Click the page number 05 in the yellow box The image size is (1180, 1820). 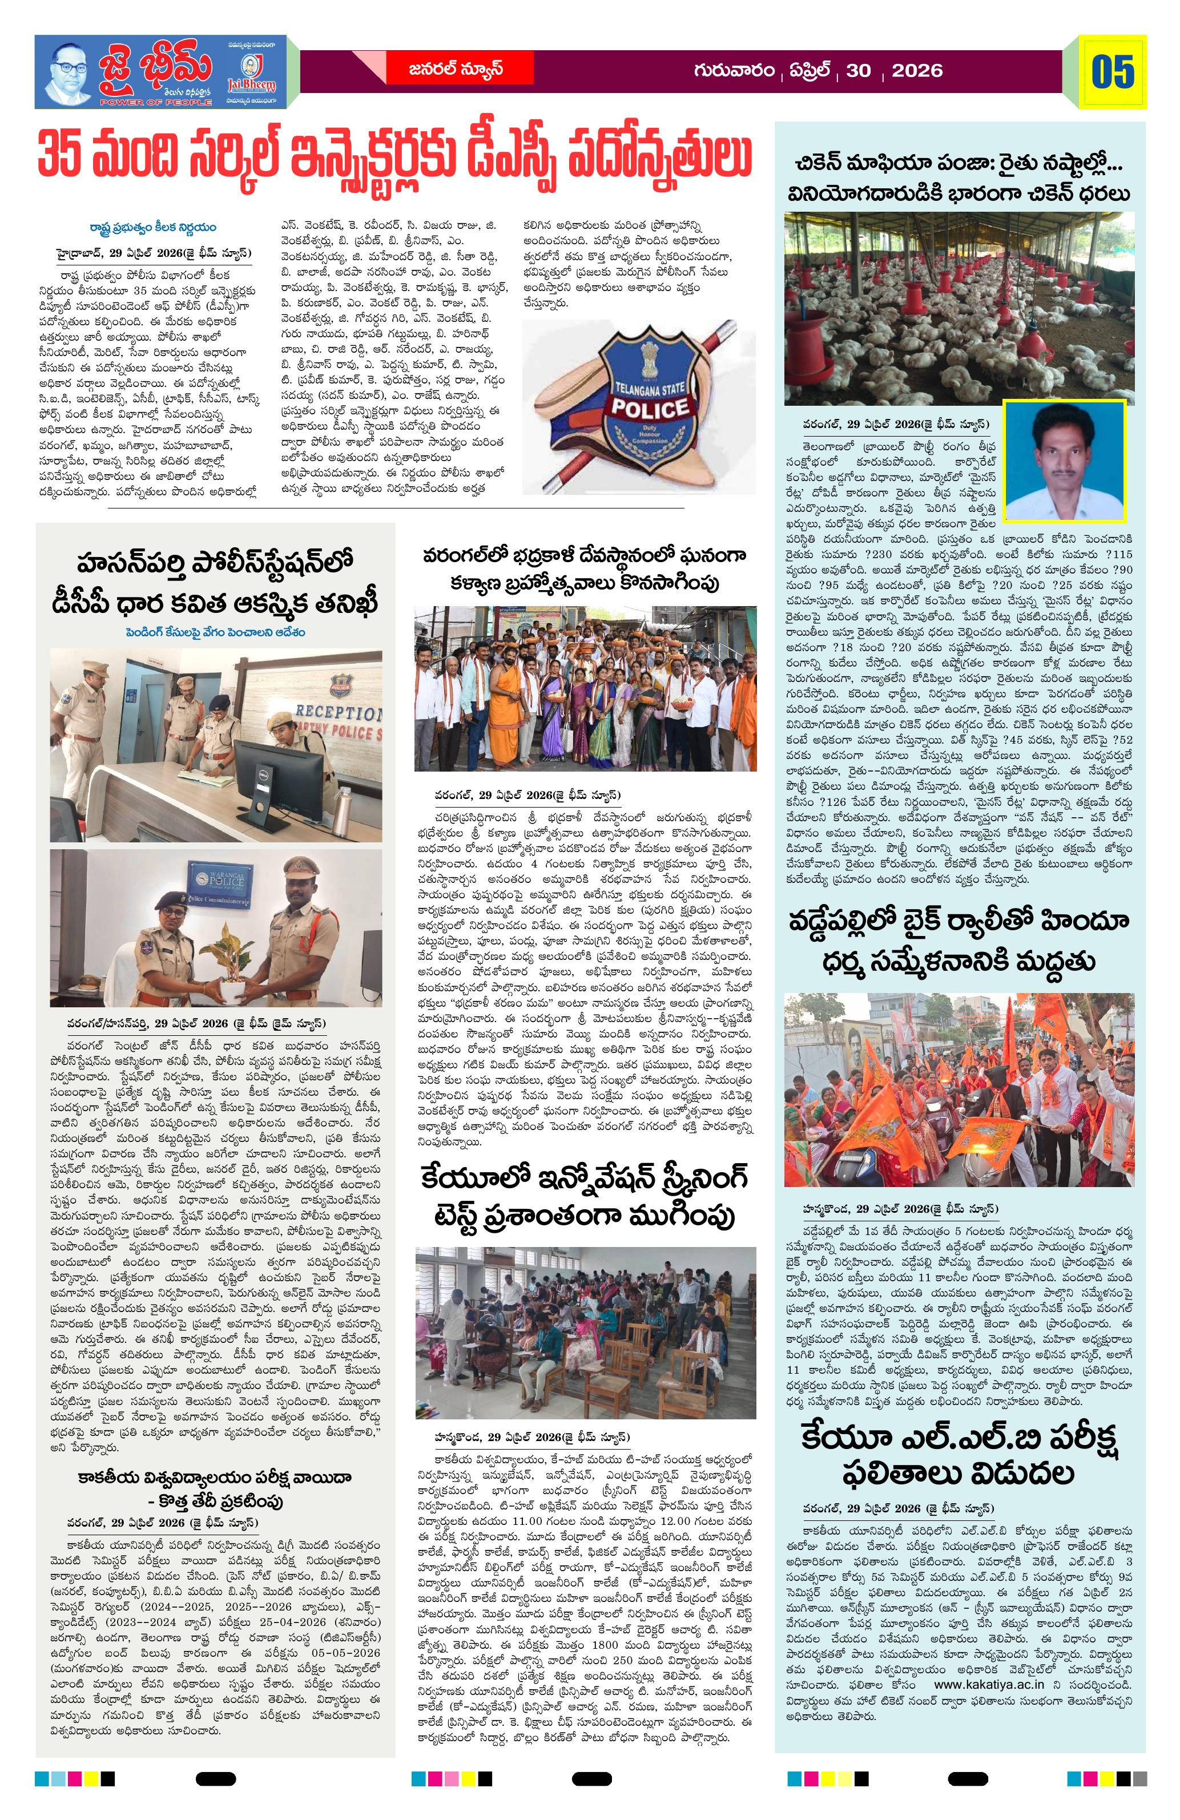pyautogui.click(x=1113, y=72)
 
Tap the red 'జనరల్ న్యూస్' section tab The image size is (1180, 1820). pyautogui.click(x=455, y=70)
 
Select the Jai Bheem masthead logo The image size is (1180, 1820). pyautogui.click(x=160, y=71)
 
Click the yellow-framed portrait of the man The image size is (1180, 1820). pyautogui.click(x=1064, y=461)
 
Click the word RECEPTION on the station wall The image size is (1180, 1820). pyautogui.click(x=337, y=713)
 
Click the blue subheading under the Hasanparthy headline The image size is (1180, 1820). pyautogui.click(x=216, y=632)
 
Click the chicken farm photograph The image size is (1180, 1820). pyautogui.click(x=959, y=308)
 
